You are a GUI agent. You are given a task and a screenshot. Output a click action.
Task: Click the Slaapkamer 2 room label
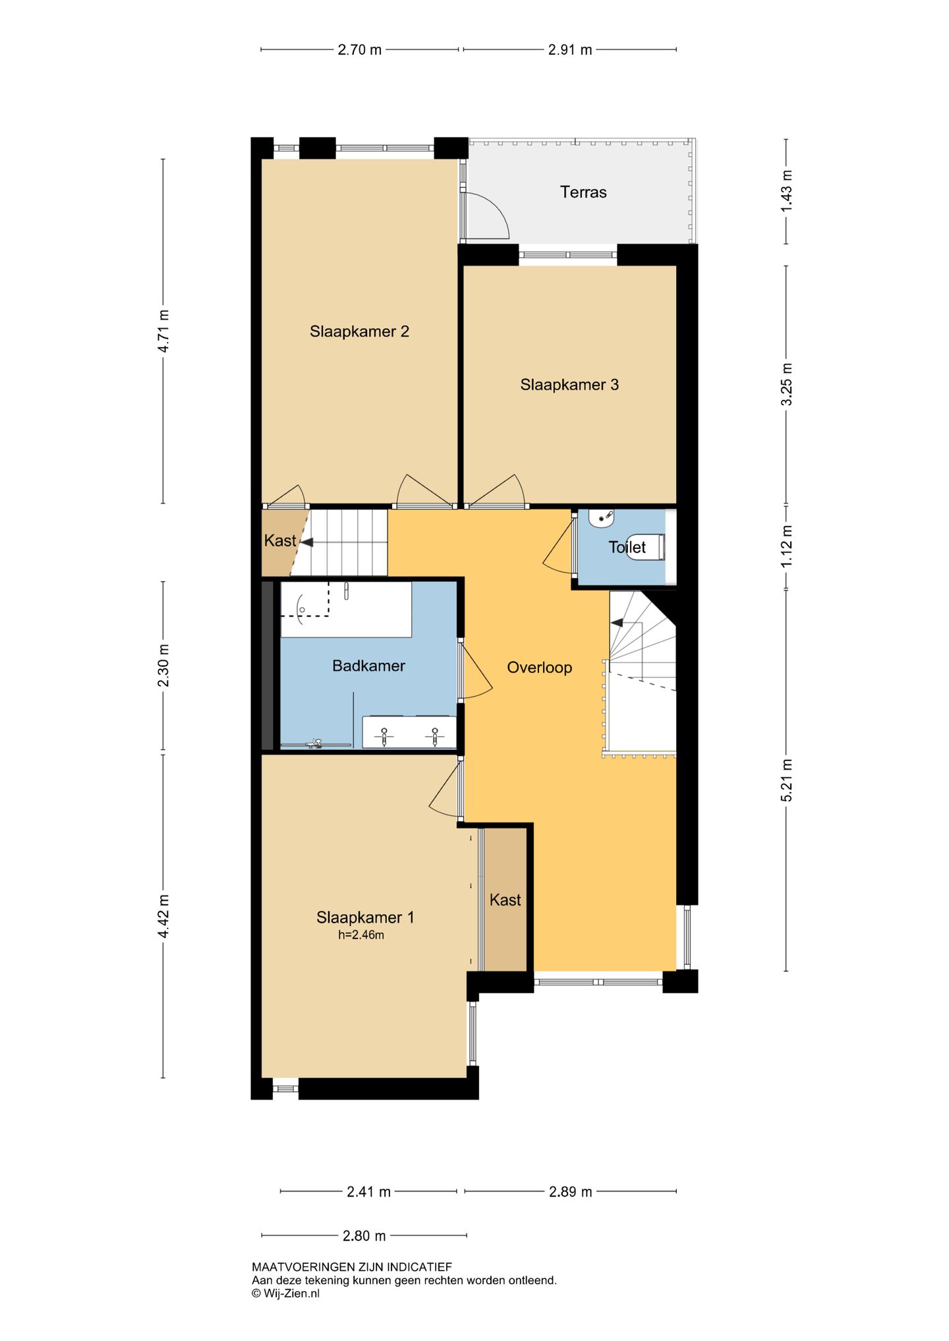pyautogui.click(x=359, y=331)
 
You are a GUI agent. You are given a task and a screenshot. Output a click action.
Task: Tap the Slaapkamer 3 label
pyautogui.click(x=569, y=385)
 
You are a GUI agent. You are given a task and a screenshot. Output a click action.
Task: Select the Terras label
pyautogui.click(x=583, y=192)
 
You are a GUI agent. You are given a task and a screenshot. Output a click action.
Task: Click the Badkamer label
pyautogui.click(x=368, y=666)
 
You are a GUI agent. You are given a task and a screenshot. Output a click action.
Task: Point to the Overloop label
pyautogui.click(x=539, y=668)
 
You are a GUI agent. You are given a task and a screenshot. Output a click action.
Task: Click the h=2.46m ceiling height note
pyautogui.click(x=361, y=934)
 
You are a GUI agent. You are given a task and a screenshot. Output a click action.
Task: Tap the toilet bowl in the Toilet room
pyautogui.click(x=645, y=547)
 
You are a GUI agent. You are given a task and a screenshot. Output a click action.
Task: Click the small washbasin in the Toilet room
pyautogui.click(x=602, y=518)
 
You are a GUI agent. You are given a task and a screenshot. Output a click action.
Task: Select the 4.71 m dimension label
pyautogui.click(x=163, y=331)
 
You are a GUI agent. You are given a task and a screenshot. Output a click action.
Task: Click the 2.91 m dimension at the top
pyautogui.click(x=569, y=49)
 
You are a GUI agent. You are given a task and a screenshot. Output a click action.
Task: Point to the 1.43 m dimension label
pyautogui.click(x=786, y=191)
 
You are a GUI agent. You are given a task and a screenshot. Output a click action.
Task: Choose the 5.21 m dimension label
pyautogui.click(x=786, y=780)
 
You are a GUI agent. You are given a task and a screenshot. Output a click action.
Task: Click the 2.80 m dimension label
pyautogui.click(x=364, y=1236)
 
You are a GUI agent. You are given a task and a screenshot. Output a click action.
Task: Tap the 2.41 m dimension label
pyautogui.click(x=368, y=1191)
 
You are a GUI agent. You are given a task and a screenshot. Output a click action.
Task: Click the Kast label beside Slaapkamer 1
pyautogui.click(x=505, y=900)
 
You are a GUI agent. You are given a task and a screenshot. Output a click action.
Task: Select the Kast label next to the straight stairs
pyautogui.click(x=280, y=541)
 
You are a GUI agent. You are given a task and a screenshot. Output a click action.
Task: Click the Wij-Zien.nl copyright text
pyautogui.click(x=285, y=1293)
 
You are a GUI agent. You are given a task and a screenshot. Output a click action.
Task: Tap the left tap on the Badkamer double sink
pyautogui.click(x=384, y=735)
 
